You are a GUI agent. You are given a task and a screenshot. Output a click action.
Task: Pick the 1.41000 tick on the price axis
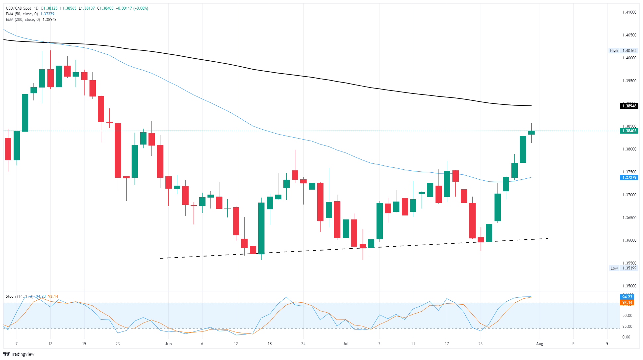coord(629,12)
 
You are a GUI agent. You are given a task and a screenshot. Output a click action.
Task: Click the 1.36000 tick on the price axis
coord(629,240)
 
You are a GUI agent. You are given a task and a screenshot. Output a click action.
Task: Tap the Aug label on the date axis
coord(540,344)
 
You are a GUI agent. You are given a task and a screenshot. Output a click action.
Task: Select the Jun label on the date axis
coord(168,344)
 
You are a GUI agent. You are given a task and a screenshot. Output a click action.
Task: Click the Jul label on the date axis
coord(346,344)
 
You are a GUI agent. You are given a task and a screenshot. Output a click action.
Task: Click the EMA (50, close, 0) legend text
coord(22,14)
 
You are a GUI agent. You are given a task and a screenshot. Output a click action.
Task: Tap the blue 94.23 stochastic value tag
coord(627,297)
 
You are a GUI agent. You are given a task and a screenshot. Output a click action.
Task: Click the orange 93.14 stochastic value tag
coord(627,303)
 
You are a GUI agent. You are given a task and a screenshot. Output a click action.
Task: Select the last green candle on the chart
coord(531,133)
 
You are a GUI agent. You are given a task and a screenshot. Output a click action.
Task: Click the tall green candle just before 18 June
coord(262,228)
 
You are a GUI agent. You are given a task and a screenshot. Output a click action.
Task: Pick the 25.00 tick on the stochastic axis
coord(627,327)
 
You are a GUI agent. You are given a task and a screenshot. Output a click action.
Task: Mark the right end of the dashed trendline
coord(548,238)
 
